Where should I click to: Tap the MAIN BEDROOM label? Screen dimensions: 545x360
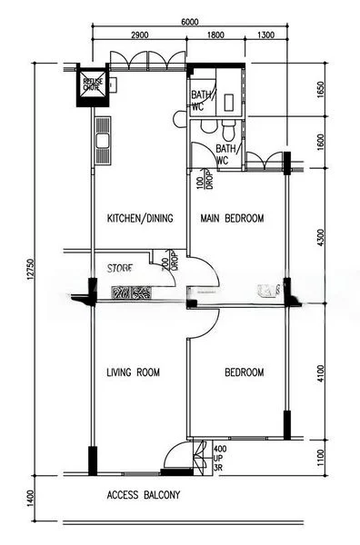(x=232, y=219)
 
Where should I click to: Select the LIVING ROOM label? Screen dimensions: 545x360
(x=133, y=372)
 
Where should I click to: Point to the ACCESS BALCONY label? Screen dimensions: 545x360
(x=144, y=495)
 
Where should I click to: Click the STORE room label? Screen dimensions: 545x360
(x=120, y=269)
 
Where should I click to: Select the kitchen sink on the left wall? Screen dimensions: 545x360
(x=102, y=142)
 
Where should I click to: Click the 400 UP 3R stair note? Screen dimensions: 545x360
(x=220, y=458)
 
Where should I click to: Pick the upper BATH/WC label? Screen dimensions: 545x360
(x=200, y=100)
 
